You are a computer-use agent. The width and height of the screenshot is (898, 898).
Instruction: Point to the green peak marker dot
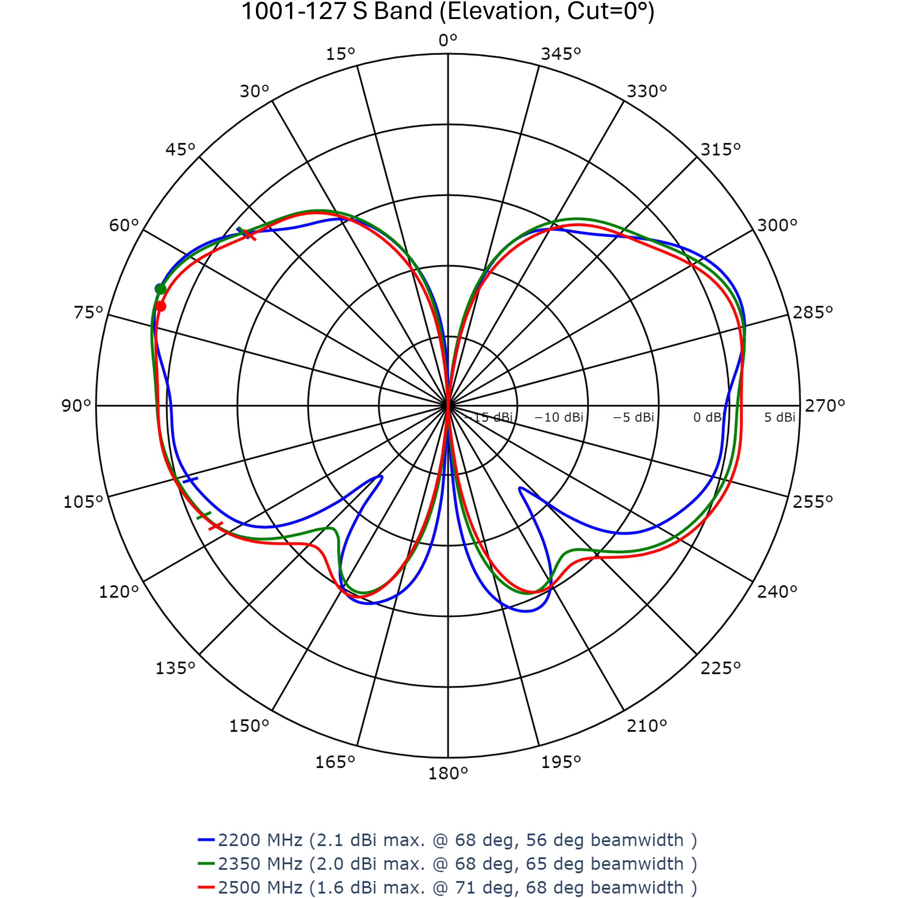161,289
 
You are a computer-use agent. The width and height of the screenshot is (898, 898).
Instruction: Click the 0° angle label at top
448,41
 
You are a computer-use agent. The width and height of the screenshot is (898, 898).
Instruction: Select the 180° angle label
448,773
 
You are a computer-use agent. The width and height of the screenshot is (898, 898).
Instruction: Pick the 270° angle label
825,406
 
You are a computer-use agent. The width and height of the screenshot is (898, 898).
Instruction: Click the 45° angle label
180,150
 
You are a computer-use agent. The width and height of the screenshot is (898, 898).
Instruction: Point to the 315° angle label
720,150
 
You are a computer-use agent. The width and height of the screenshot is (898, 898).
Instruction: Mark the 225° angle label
720,668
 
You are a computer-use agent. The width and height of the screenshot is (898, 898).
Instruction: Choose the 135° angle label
175,668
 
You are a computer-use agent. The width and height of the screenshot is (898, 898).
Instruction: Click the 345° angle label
561,54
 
